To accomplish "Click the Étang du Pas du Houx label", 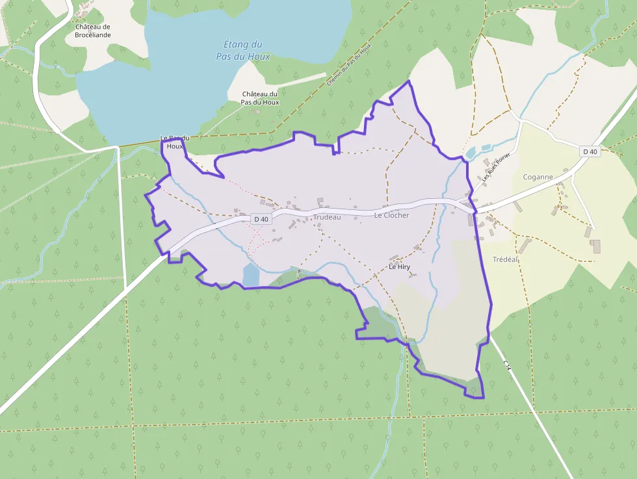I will pyautogui.click(x=242, y=50).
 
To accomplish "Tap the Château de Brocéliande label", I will pyautogui.click(x=92, y=30).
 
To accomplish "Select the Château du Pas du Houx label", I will pyautogui.click(x=259, y=98).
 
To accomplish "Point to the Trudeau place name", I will pyautogui.click(x=326, y=217).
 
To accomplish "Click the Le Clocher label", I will pyautogui.click(x=391, y=215).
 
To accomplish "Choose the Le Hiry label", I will pyautogui.click(x=399, y=267).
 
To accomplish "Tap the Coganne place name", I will pyautogui.click(x=538, y=177).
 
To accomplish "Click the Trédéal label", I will pyautogui.click(x=505, y=259).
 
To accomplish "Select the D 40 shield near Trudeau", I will pyautogui.click(x=261, y=220).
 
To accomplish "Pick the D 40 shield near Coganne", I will pyautogui.click(x=590, y=151).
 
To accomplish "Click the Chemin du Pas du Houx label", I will pyautogui.click(x=348, y=65).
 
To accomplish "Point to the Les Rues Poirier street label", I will pyautogui.click(x=497, y=168).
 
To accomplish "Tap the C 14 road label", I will pyautogui.click(x=508, y=367).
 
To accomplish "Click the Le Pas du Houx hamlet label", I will pyautogui.click(x=174, y=142).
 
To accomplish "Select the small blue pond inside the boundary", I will pyautogui.click(x=250, y=275).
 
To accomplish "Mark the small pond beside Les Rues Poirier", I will pyautogui.click(x=471, y=153).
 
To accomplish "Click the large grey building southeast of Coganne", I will pyautogui.click(x=596, y=246).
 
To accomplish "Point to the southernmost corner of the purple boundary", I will pyautogui.click(x=483, y=398).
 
